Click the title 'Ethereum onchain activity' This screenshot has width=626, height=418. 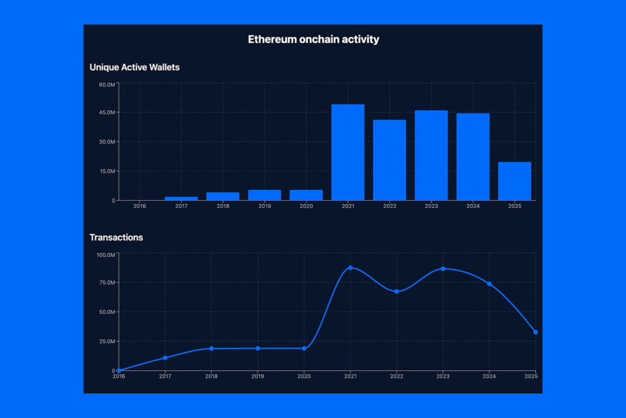pyautogui.click(x=313, y=39)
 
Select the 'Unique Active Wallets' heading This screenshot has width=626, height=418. pyautogui.click(x=134, y=67)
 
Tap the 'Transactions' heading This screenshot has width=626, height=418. pyautogui.click(x=116, y=237)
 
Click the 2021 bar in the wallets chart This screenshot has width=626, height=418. pyautogui.click(x=348, y=152)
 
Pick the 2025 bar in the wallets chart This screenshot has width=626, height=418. pyautogui.click(x=515, y=181)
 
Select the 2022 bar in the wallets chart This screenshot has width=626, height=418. pyautogui.click(x=389, y=160)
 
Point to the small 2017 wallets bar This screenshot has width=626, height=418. pyautogui.click(x=181, y=198)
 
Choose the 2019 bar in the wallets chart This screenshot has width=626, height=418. pyautogui.click(x=265, y=195)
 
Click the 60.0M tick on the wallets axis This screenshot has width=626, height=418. pyautogui.click(x=107, y=84)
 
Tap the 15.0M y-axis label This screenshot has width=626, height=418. pyautogui.click(x=107, y=171)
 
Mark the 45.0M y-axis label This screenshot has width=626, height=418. pyautogui.click(x=107, y=113)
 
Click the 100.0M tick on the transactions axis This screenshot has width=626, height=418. pyautogui.click(x=106, y=254)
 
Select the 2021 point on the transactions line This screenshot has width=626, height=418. pyautogui.click(x=350, y=268)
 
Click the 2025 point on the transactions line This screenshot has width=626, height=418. pyautogui.click(x=536, y=332)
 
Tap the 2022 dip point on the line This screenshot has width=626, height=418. pyautogui.click(x=397, y=291)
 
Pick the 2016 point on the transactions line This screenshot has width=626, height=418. pyautogui.click(x=119, y=371)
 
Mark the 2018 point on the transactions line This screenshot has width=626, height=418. pyautogui.click(x=212, y=349)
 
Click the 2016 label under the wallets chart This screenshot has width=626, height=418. pyautogui.click(x=139, y=206)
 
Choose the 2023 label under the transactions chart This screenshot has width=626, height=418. pyautogui.click(x=443, y=376)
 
